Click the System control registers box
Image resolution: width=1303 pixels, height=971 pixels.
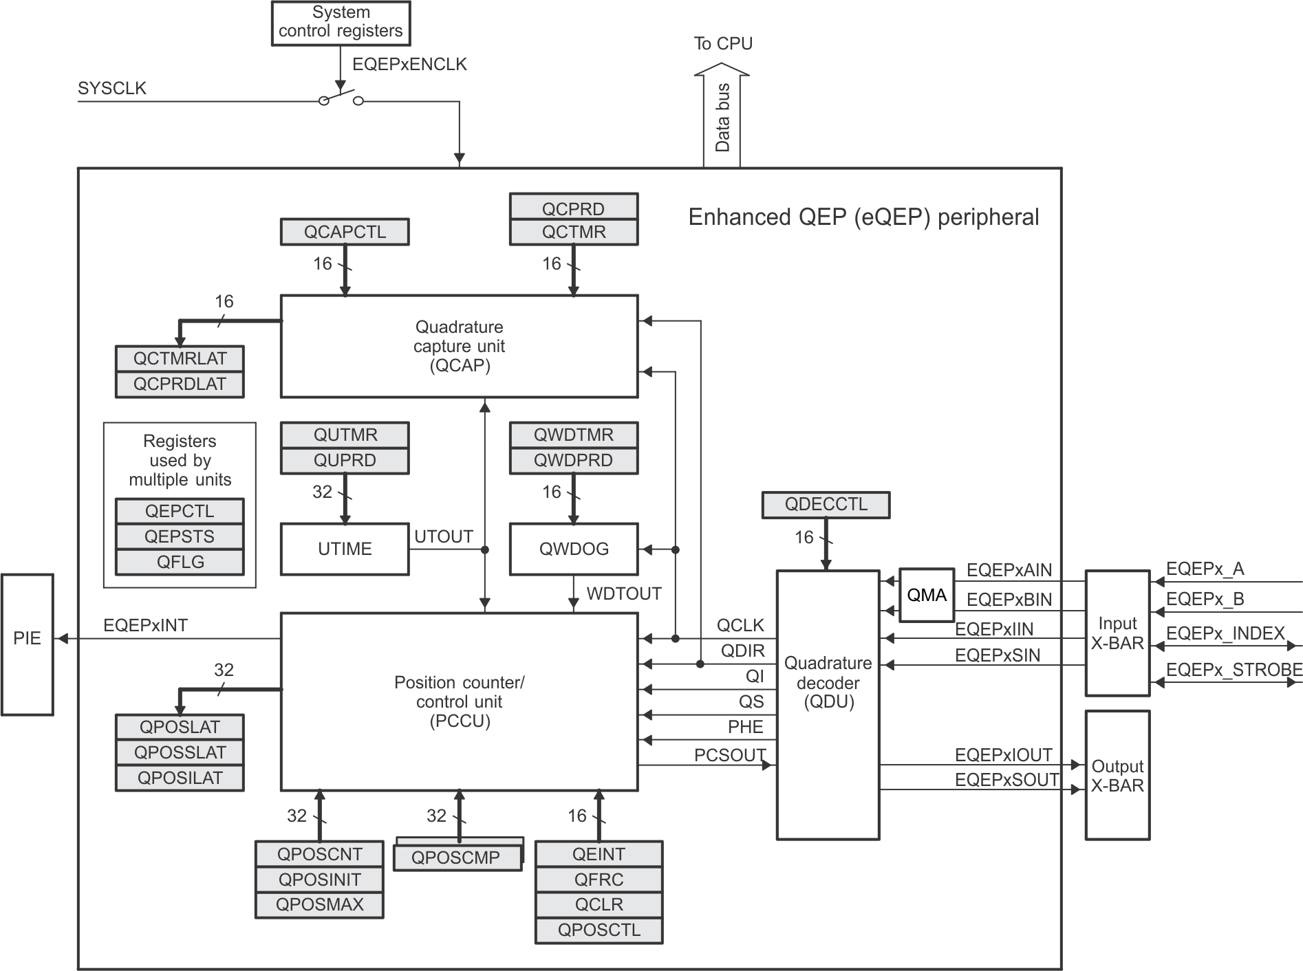[341, 23]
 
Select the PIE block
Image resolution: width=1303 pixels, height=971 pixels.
[28, 644]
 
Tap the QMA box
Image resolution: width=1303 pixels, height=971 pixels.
[927, 595]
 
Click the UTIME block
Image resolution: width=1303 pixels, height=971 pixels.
[345, 549]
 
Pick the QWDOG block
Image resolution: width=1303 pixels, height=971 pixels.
[573, 549]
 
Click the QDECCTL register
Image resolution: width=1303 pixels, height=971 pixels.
[826, 504]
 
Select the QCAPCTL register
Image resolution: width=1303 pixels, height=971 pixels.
[345, 232]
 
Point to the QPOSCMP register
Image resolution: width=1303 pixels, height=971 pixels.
[455, 858]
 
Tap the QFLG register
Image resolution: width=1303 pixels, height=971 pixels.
[180, 562]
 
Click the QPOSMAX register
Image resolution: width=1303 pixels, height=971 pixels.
[319, 904]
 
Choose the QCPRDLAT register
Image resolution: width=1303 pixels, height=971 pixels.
[180, 384]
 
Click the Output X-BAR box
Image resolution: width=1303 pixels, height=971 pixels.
[1117, 775]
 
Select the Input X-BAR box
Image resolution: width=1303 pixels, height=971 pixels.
[1117, 633]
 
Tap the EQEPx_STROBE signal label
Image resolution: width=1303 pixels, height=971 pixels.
[1233, 669]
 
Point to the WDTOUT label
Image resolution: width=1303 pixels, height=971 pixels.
[624, 593]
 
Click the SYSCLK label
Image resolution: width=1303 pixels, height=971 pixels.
[112, 88]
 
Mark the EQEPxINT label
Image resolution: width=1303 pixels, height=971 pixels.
[145, 625]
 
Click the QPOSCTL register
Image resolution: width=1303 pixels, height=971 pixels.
[599, 930]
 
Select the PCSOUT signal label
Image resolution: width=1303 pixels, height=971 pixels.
[729, 754]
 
